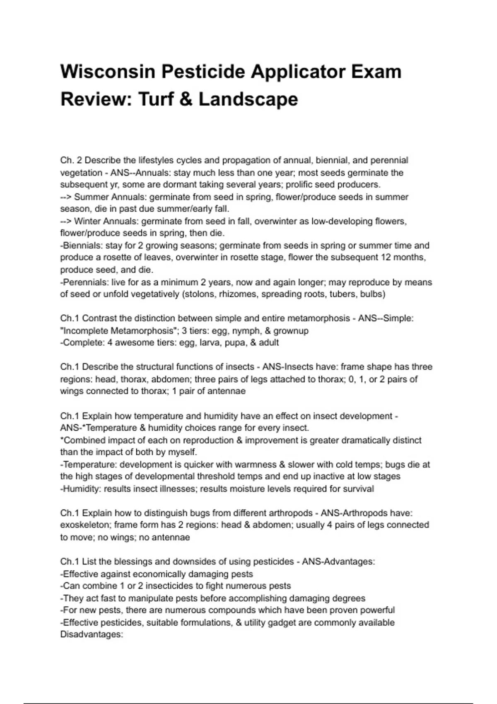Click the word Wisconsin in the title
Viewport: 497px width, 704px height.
[107, 72]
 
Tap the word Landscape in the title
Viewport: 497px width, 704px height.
[248, 99]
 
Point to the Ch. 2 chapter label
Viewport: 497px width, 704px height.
[71, 160]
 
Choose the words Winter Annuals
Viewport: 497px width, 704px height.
[94, 222]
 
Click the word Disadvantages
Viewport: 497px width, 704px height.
[92, 635]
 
